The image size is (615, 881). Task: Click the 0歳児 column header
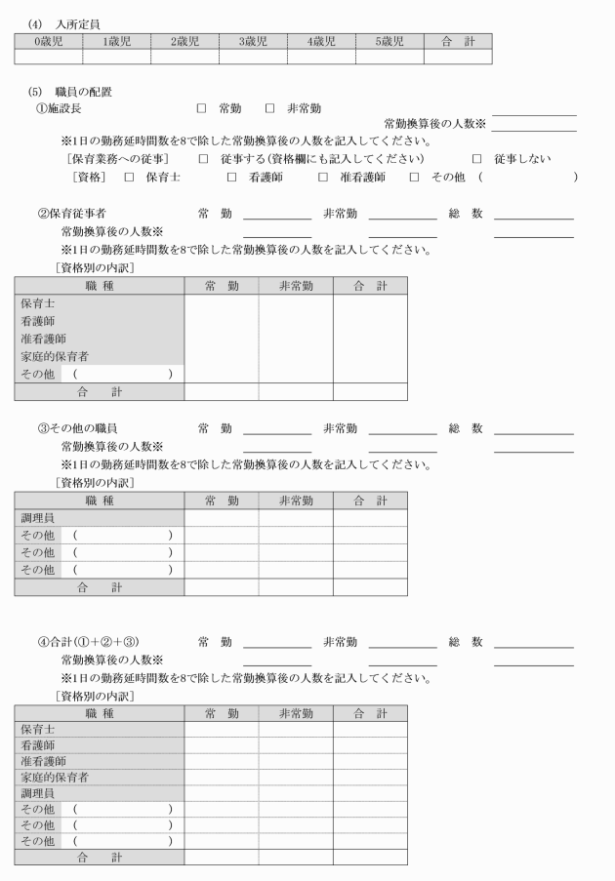coord(48,41)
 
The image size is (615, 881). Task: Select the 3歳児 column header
coord(253,41)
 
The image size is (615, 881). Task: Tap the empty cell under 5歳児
coord(389,57)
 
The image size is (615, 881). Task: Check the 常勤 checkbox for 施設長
coord(202,107)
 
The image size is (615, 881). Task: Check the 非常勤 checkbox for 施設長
coord(269,107)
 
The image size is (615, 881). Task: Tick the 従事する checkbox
coord(204,158)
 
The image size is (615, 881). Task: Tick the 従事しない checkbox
coord(477,158)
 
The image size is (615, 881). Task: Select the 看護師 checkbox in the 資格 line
coord(231,177)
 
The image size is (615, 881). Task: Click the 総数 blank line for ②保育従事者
coord(533,217)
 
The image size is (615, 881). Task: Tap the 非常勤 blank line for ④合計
coord(402,646)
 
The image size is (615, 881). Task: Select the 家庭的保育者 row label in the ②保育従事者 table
coord(56,356)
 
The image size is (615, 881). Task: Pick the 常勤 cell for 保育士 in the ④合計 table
coord(222,729)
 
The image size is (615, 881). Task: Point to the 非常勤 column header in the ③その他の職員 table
coord(295,500)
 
